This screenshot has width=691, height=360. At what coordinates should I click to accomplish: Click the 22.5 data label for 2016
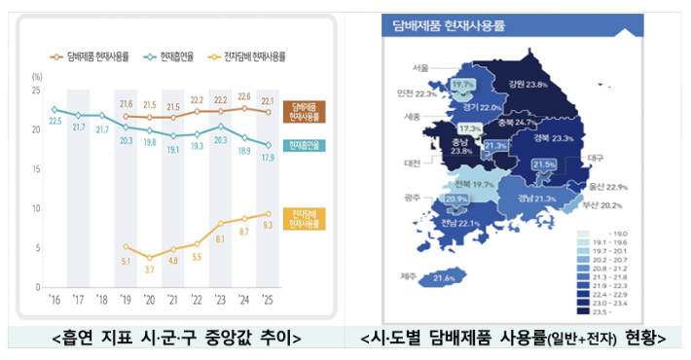(x=56, y=121)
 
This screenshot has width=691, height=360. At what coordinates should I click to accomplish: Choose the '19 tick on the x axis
(x=125, y=301)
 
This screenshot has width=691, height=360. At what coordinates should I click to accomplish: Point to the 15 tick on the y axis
(x=37, y=168)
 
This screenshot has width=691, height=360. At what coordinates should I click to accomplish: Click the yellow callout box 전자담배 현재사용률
(x=307, y=219)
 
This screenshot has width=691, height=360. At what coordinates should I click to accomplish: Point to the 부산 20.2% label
(x=600, y=205)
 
